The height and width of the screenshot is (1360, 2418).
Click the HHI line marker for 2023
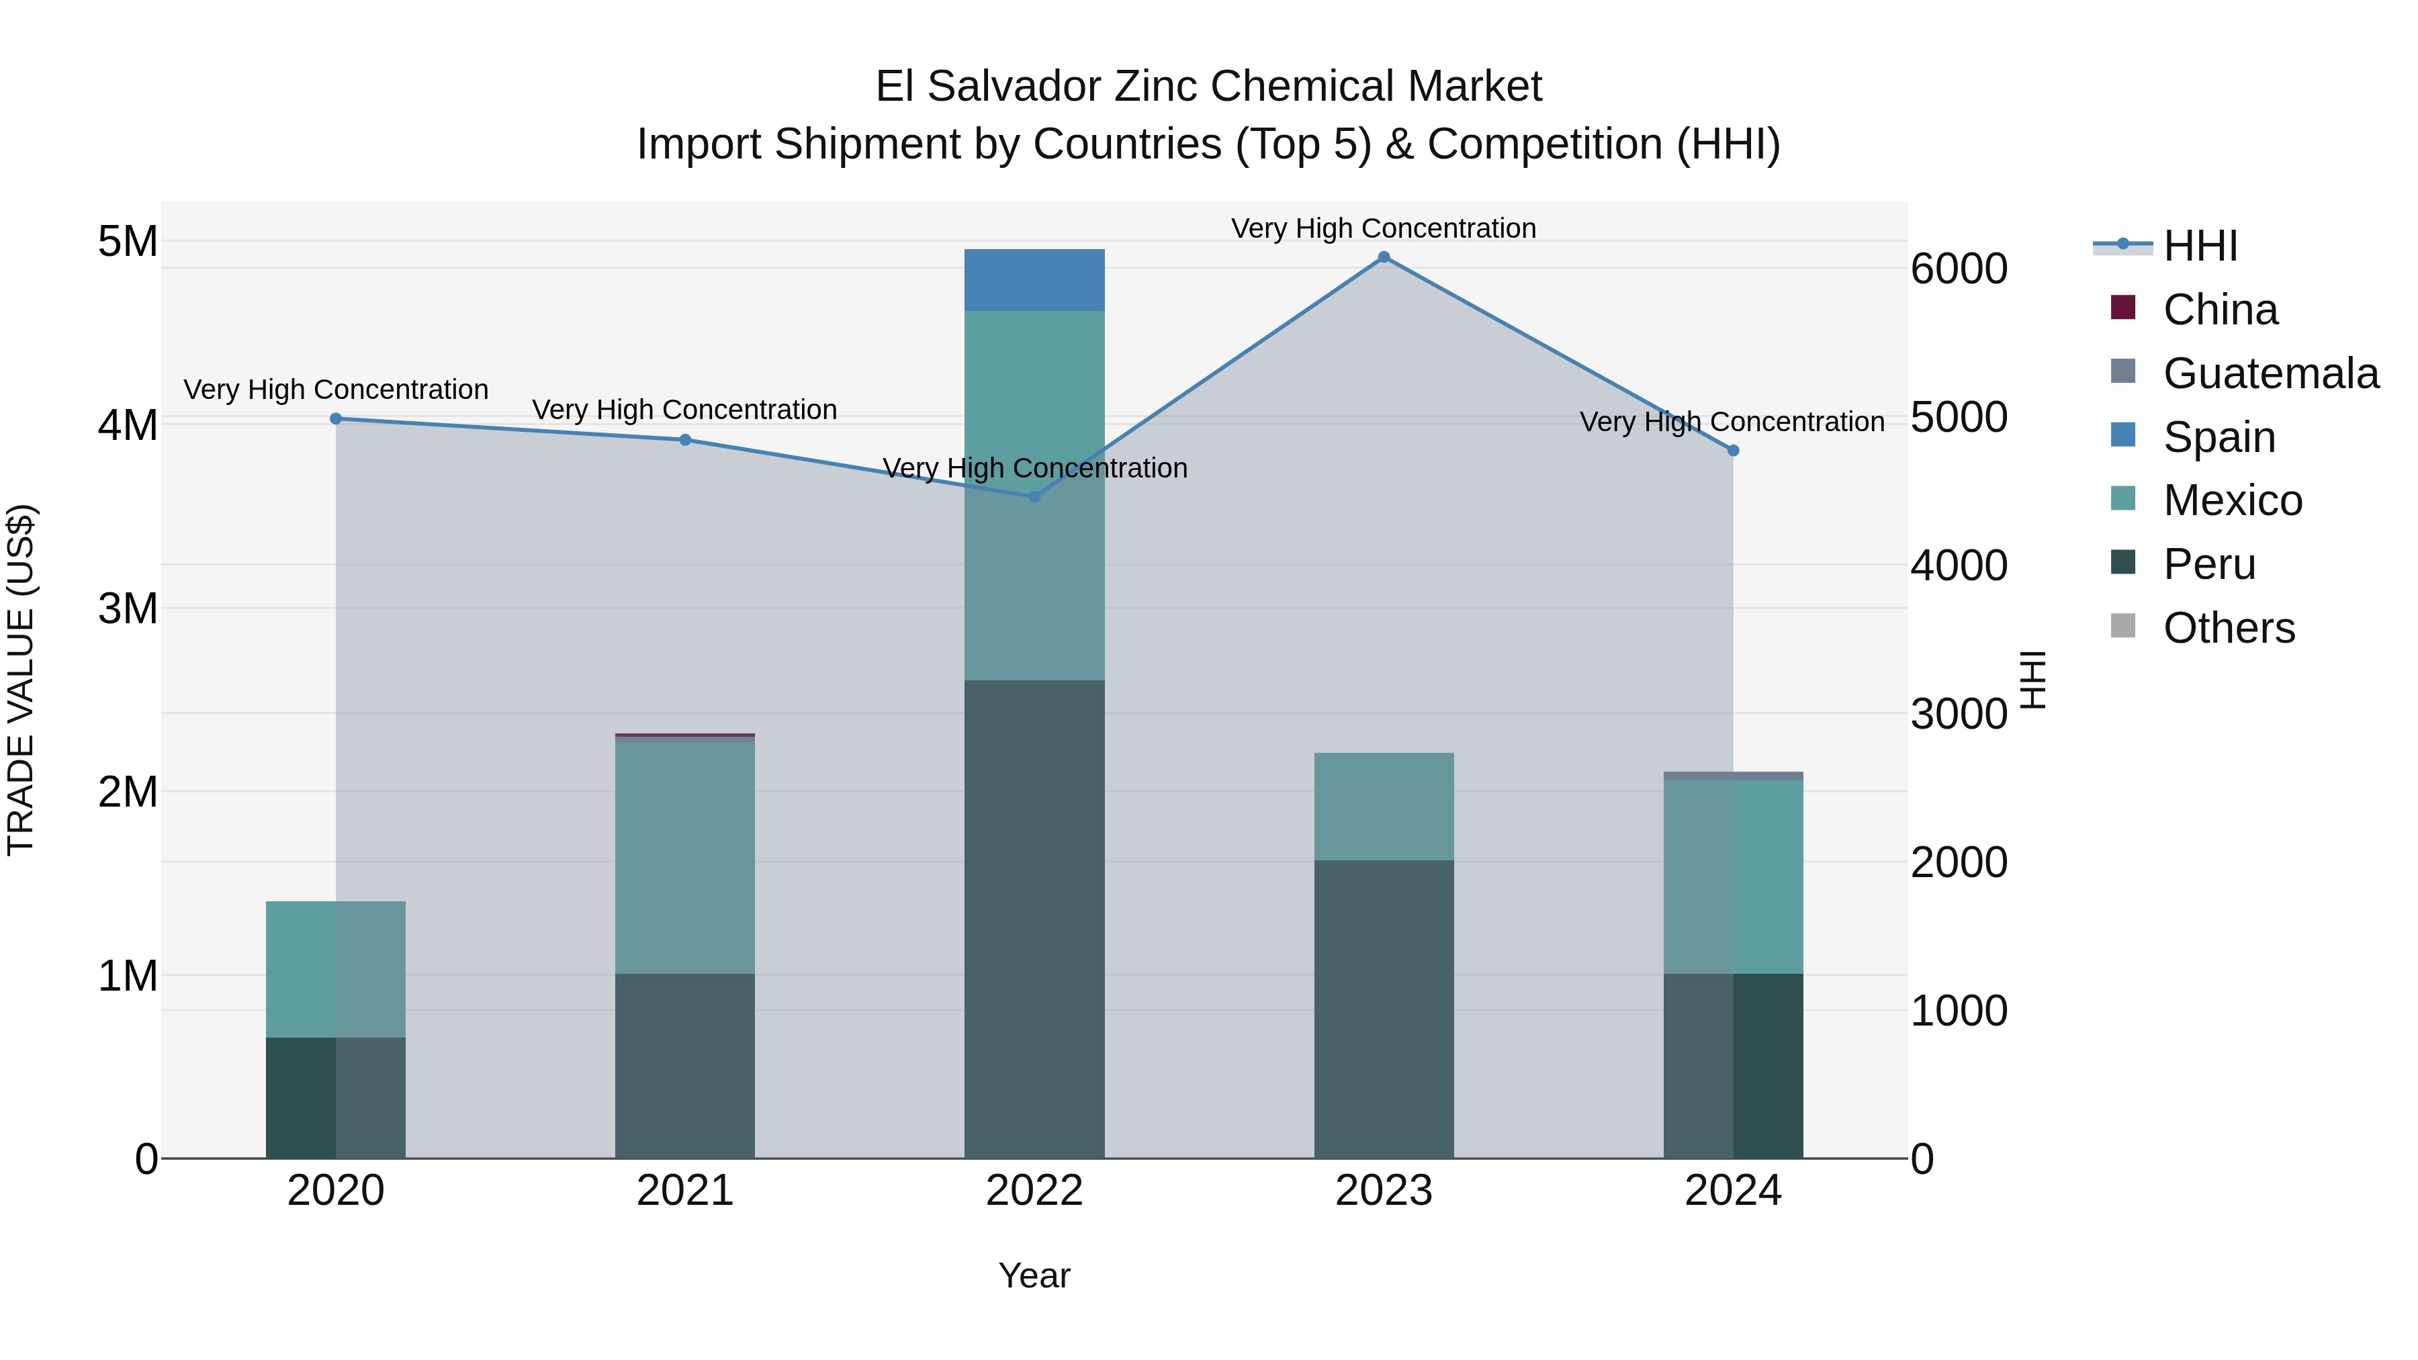[1384, 257]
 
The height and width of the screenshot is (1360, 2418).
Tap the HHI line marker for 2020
[336, 418]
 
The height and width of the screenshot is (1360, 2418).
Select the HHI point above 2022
[1034, 496]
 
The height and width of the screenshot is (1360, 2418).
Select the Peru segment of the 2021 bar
[685, 1065]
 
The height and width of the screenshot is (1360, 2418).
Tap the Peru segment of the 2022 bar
[1034, 920]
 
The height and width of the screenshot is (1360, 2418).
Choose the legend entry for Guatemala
[2270, 373]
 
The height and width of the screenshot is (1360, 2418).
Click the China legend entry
[2219, 310]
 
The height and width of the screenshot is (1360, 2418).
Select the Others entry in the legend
[2229, 628]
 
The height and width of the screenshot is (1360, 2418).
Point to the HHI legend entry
[2199, 246]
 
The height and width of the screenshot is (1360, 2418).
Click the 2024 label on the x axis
[1733, 1191]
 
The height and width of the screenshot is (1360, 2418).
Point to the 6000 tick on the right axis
[1959, 269]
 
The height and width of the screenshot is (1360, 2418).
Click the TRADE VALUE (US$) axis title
[21, 680]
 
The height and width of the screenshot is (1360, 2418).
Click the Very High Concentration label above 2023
[1384, 229]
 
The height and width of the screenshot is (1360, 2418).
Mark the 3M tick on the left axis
[128, 609]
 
